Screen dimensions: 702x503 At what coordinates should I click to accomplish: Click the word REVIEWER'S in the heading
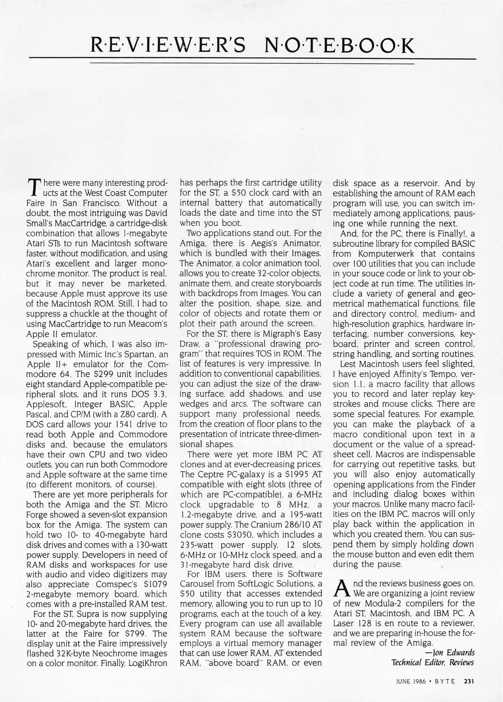(x=169, y=46)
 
